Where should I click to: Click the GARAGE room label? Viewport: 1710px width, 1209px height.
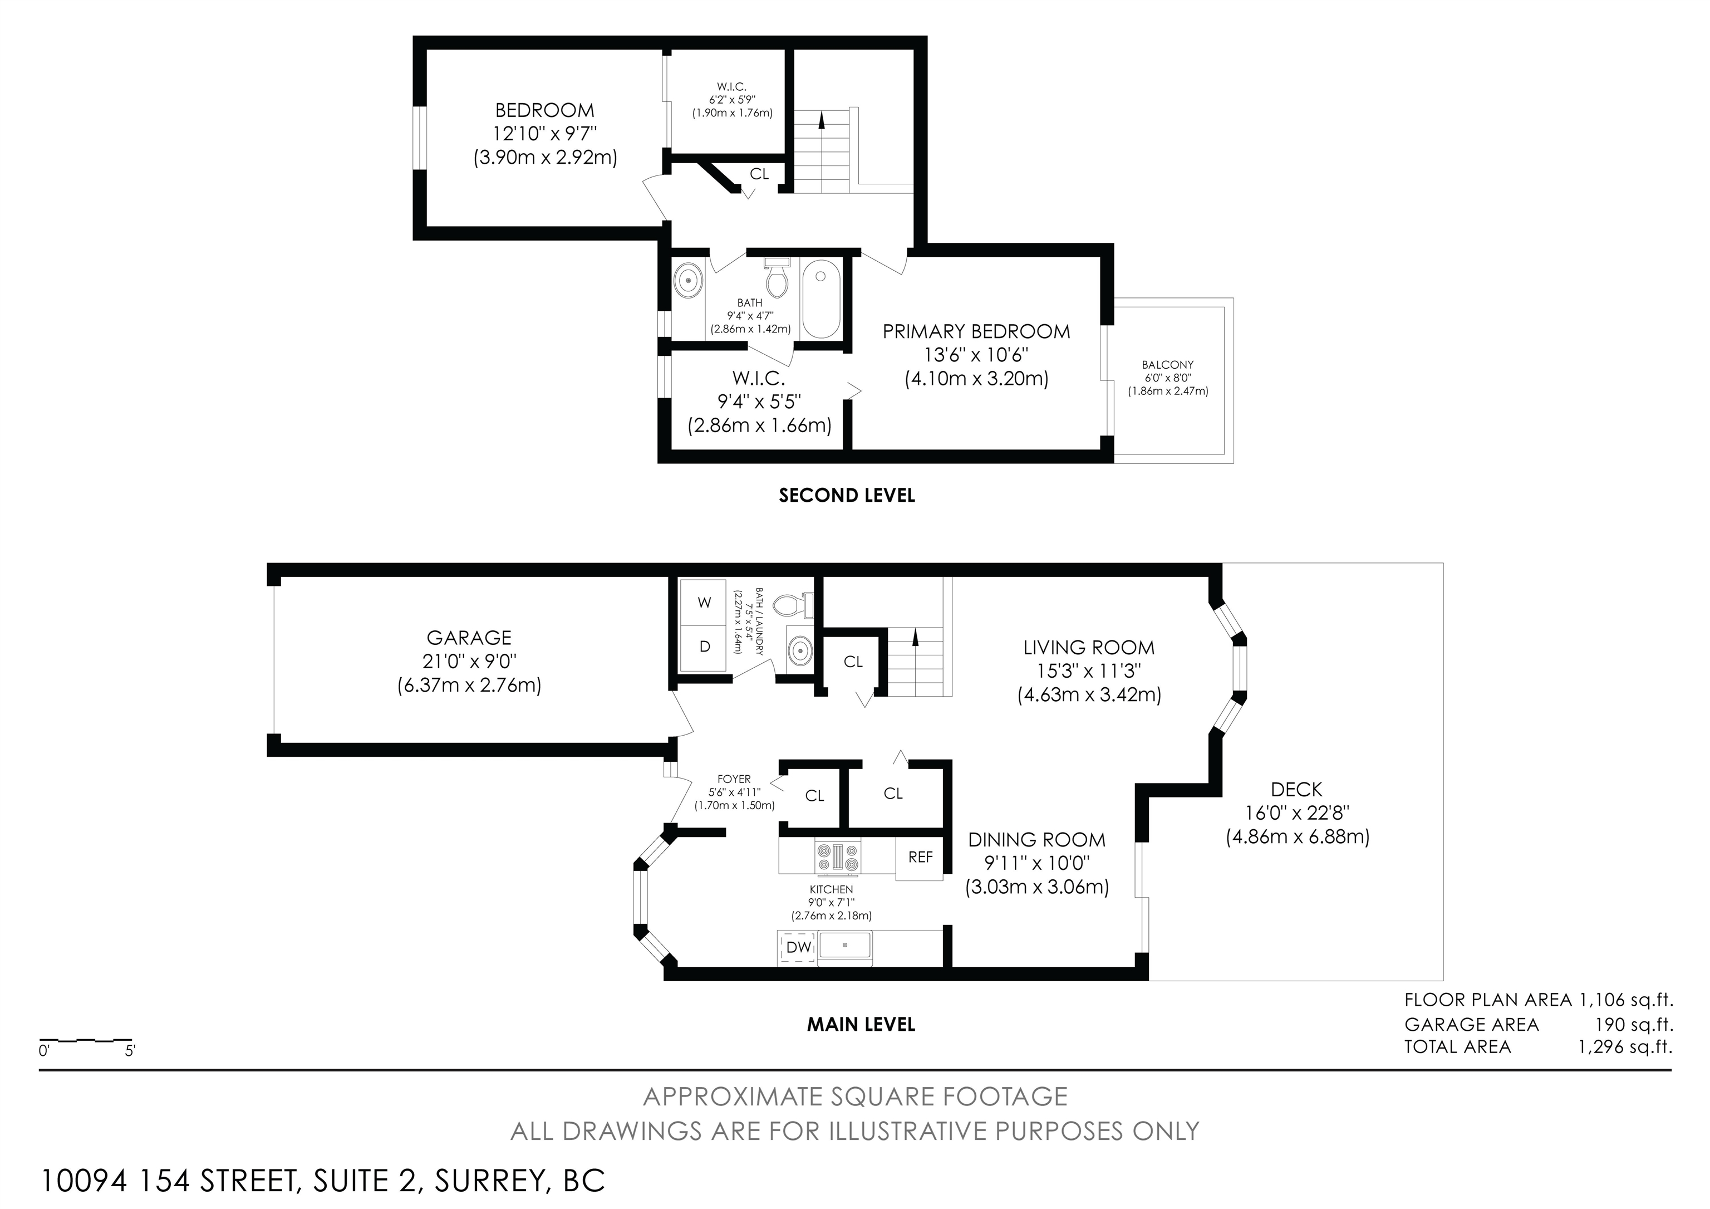(469, 638)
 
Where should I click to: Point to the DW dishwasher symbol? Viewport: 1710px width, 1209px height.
(798, 947)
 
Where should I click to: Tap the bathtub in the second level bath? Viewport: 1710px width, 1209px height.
(822, 298)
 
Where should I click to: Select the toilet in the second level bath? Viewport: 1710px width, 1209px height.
(777, 278)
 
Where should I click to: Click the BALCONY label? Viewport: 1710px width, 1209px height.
(1168, 365)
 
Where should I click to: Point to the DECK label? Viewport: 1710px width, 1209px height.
(1296, 790)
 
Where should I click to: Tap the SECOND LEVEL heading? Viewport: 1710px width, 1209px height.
(847, 496)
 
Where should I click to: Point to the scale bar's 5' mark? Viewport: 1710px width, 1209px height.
(130, 1051)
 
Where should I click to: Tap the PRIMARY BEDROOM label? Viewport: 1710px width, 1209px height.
(976, 331)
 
